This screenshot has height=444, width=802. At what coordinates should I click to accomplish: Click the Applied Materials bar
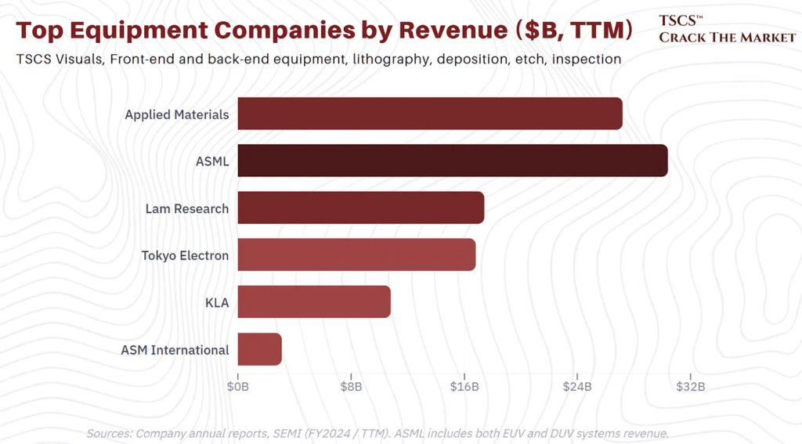coord(429,114)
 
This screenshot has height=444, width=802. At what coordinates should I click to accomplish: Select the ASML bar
coord(452,161)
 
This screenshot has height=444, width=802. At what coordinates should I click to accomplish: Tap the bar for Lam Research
coord(360,208)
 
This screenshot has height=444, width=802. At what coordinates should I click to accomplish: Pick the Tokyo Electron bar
coord(356,255)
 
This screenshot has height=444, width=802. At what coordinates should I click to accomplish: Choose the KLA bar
coord(313,302)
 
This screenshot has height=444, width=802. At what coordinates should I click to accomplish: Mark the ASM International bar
coord(259,349)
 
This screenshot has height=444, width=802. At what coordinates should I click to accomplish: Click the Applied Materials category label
coord(176,114)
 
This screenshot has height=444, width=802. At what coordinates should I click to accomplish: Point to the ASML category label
coord(212,162)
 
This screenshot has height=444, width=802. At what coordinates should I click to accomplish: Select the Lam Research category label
coord(186,209)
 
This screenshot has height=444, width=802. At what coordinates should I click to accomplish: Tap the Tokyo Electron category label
coord(185,256)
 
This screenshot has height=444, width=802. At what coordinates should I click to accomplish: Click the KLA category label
coord(216,303)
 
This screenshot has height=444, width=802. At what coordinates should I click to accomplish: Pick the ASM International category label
coord(175,350)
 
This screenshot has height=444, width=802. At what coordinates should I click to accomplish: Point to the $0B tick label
coord(237,387)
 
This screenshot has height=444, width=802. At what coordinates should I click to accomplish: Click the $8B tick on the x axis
coord(351,387)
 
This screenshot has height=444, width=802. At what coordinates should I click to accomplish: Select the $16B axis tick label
coord(464,387)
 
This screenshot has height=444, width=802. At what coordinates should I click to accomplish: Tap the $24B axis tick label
coord(577,387)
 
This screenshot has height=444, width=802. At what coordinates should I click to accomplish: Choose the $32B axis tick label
coord(690,387)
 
